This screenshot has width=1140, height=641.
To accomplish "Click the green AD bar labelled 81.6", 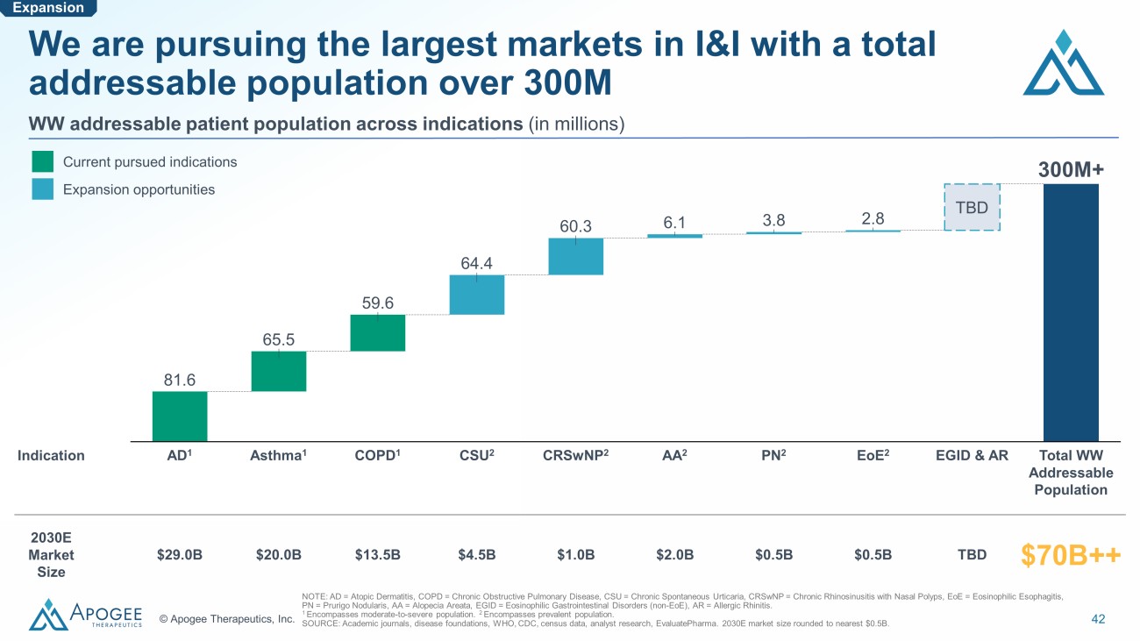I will point(180,416).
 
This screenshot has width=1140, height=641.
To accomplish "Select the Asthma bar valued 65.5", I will point(279,371).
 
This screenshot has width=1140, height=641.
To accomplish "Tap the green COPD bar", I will point(377,332).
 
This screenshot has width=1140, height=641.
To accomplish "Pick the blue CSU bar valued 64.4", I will point(477,295).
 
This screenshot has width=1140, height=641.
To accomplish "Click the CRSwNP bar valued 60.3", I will point(576,256).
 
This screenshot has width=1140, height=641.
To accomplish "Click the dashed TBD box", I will point(972,207).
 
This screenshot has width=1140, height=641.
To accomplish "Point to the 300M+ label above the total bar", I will point(1070,168).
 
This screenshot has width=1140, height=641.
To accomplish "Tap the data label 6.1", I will point(674,223).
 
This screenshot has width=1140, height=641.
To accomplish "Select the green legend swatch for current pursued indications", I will point(43,162).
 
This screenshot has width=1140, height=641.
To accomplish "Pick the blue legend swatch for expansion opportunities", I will point(43,189).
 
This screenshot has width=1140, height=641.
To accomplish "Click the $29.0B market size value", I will point(180,554).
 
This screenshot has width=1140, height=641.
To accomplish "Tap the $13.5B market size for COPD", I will point(378,554).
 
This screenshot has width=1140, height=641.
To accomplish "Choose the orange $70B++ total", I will point(1071,554).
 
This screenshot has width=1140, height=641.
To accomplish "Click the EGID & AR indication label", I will point(972,455).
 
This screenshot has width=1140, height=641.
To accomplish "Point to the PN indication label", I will point(773,455).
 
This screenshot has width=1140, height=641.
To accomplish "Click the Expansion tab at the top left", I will point(47,8).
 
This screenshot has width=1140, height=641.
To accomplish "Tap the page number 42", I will point(1098,619).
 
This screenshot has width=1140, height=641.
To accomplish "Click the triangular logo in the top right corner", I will point(1063,63).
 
